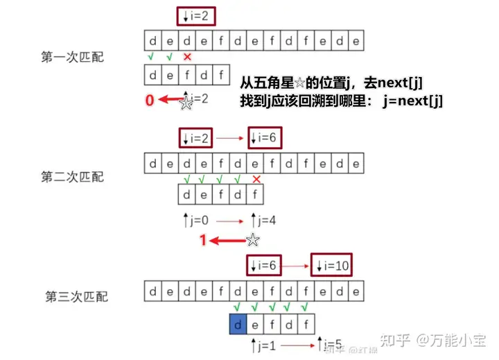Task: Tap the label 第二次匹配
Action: [72, 176]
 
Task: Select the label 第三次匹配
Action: [76, 296]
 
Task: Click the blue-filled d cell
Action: [237, 323]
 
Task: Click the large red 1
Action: [203, 240]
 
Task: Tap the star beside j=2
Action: [186, 103]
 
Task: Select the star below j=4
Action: [253, 240]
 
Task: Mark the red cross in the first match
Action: [187, 56]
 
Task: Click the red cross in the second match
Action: [256, 180]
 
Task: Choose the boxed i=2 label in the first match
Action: [195, 13]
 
